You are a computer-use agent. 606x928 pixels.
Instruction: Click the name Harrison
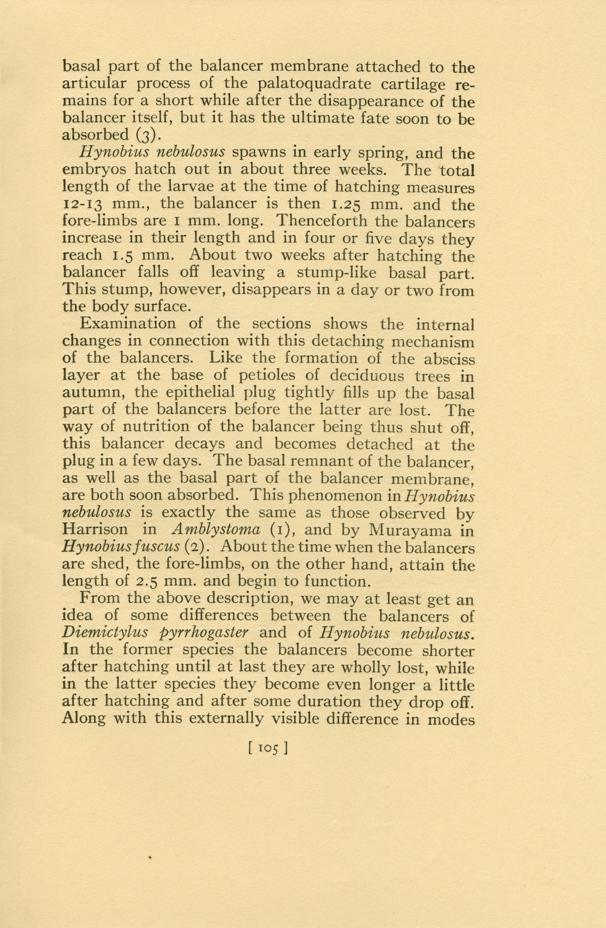(100, 530)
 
